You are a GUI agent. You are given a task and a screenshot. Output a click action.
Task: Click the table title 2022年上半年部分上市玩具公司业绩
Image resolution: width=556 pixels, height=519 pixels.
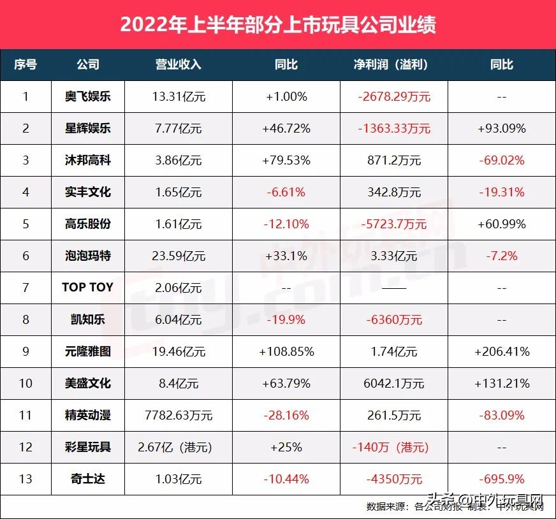click(278, 25)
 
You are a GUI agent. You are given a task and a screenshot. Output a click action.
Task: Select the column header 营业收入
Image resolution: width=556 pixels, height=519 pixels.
click(178, 65)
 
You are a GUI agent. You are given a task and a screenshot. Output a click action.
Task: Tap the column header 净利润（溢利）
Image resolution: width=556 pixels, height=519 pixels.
click(390, 65)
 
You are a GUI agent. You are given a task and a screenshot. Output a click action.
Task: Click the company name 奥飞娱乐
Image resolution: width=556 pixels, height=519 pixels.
click(87, 97)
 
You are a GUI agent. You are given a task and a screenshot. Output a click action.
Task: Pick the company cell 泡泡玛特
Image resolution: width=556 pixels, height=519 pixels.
click(87, 256)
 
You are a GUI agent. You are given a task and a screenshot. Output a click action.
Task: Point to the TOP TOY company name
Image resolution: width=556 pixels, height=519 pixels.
click(87, 288)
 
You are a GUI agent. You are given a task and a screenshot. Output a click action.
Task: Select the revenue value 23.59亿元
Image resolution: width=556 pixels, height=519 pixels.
click(178, 256)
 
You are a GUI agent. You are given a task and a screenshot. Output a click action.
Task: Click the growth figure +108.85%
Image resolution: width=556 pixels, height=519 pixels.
click(286, 351)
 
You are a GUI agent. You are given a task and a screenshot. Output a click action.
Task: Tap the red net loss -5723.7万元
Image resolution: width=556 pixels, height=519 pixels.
click(393, 224)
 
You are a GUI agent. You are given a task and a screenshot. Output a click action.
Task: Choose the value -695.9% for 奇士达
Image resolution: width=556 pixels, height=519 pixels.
click(501, 479)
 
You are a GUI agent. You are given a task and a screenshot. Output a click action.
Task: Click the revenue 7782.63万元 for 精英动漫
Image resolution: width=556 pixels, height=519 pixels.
click(178, 415)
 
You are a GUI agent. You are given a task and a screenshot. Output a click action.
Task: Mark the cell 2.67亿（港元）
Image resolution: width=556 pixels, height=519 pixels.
click(178, 447)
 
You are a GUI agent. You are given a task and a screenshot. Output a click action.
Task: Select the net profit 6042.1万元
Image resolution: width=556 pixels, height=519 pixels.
click(394, 383)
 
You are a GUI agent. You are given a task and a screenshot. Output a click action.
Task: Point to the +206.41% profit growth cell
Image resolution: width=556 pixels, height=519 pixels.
click(501, 351)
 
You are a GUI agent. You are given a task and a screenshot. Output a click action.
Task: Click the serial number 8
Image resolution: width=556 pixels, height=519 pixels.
click(26, 319)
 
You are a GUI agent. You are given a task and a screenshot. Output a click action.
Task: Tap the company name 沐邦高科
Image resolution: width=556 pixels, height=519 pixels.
click(87, 161)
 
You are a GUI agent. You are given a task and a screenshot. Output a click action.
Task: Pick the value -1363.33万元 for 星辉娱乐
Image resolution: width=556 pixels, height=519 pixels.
click(394, 129)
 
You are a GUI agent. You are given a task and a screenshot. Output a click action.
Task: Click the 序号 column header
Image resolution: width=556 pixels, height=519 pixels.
click(26, 65)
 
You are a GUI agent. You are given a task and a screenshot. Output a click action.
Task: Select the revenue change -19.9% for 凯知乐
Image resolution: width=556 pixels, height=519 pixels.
click(286, 319)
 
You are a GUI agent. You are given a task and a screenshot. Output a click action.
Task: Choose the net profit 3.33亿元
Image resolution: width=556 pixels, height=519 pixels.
click(394, 256)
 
